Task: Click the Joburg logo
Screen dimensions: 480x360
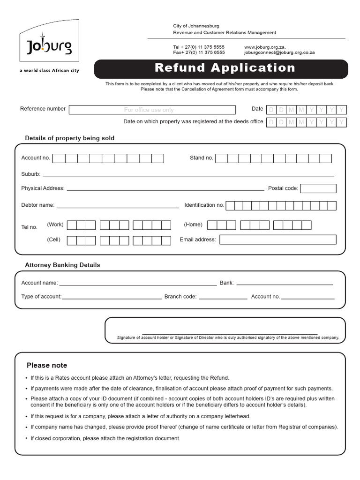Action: [49, 46]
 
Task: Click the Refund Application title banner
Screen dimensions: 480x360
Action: [225, 68]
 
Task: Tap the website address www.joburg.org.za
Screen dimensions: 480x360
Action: [265, 47]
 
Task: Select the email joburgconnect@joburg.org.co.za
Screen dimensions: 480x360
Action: [279, 53]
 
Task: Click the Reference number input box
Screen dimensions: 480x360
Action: [152, 110]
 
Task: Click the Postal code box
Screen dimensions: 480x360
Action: [318, 188]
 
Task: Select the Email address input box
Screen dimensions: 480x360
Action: [277, 240]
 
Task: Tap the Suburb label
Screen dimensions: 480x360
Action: [30, 174]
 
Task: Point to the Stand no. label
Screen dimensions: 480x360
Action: [201, 158]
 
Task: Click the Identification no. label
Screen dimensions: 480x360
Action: [204, 205]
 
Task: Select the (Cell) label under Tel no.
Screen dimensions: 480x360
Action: [53, 240]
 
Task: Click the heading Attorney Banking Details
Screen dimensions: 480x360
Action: [62, 265]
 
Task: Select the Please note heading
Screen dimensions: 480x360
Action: [47, 365]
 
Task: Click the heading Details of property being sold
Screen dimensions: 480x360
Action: [69, 138]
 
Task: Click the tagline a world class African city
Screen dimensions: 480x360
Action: [49, 71]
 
